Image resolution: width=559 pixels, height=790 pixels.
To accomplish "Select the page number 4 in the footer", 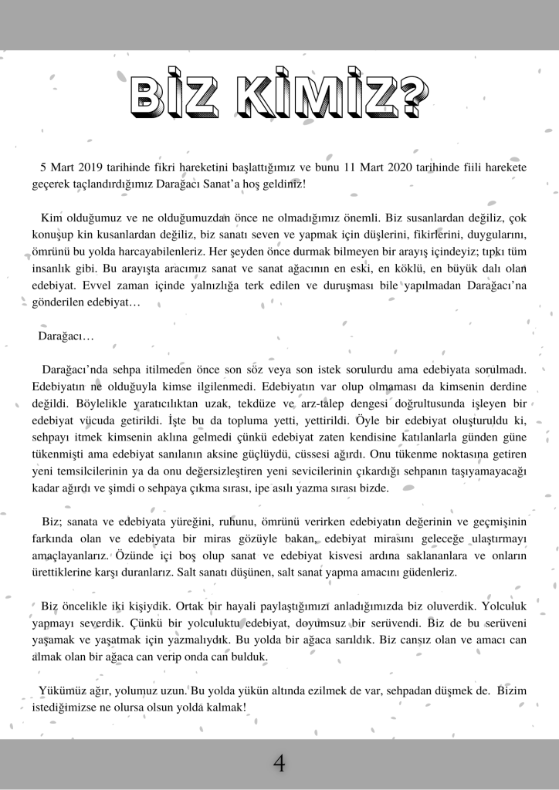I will tap(279, 764).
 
